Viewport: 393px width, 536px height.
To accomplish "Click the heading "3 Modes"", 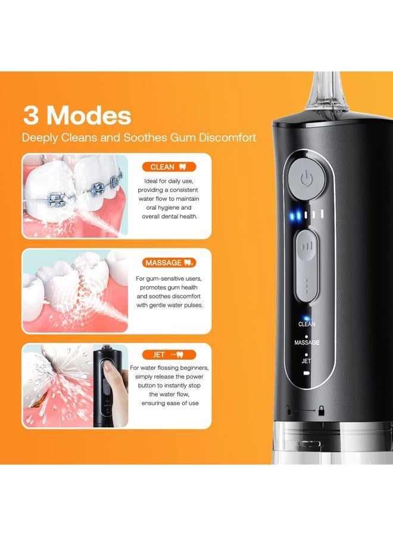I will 77,114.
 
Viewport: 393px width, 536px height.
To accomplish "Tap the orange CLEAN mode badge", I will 169,167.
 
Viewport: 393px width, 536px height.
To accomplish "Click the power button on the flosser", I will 305,179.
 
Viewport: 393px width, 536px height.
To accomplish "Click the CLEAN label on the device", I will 307,325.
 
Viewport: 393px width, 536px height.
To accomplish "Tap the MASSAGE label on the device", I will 307,342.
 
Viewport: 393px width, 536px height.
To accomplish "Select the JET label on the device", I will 307,360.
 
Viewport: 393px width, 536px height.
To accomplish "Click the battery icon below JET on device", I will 307,373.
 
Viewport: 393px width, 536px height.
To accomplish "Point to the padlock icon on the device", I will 321,410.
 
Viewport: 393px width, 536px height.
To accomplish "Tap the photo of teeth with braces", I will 75,197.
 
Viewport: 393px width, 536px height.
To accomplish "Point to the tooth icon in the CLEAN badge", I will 182,167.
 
